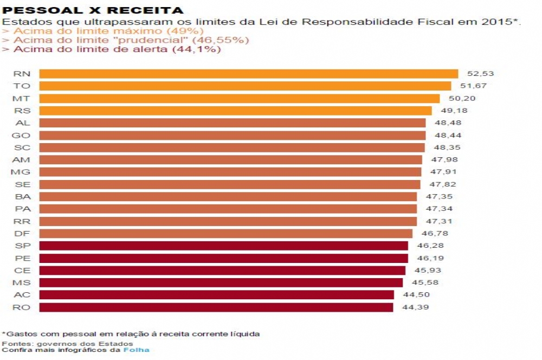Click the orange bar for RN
point(249,74)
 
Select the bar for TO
point(245,86)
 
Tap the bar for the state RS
point(235,111)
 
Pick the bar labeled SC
point(232,147)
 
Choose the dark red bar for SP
point(223,246)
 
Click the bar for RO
point(216,307)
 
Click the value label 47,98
point(440,159)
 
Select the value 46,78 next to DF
point(432,234)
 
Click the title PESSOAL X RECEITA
point(93,10)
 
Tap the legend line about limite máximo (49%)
point(103,31)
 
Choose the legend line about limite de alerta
point(112,49)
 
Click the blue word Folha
point(136,350)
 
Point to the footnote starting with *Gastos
point(131,334)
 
